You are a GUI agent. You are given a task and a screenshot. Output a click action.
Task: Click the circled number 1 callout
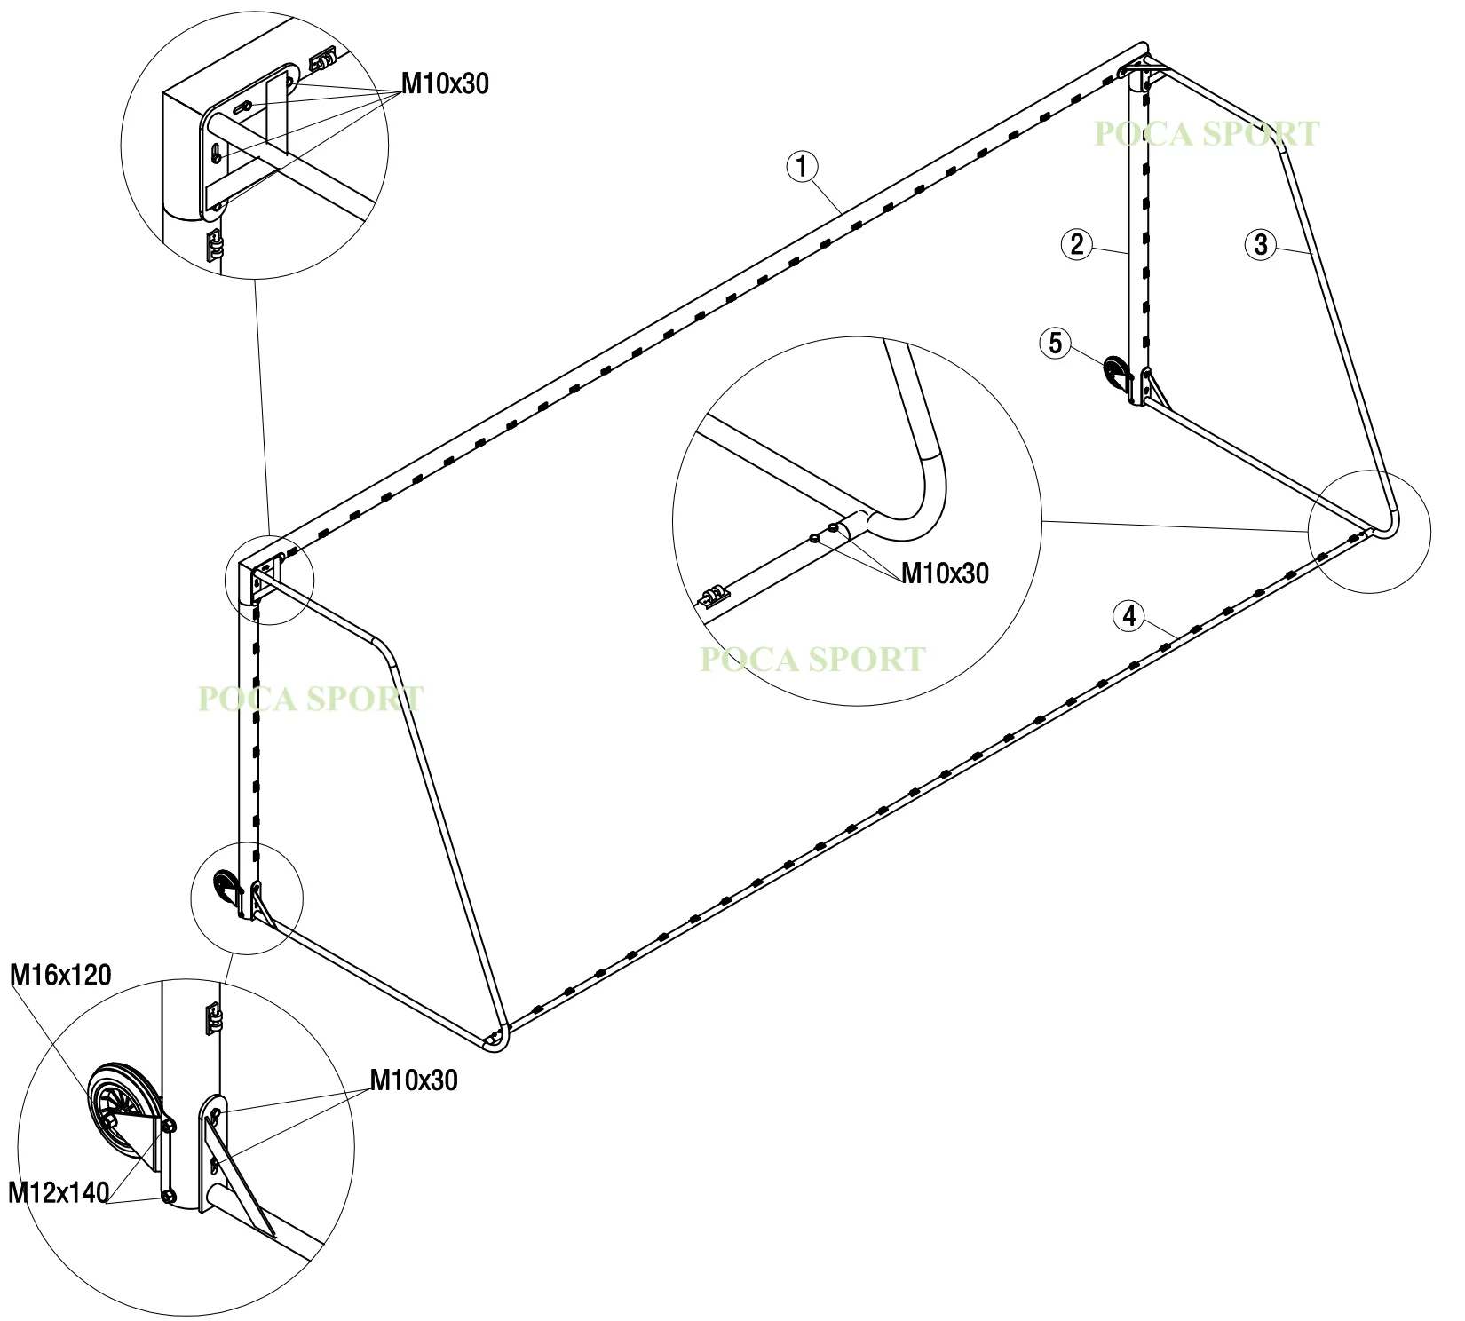[x=802, y=166]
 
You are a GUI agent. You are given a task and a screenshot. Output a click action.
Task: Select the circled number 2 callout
[x=1076, y=244]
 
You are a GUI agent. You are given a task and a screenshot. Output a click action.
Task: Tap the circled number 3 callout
[x=1261, y=244]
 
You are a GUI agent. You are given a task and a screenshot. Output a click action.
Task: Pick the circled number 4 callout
[x=1129, y=615]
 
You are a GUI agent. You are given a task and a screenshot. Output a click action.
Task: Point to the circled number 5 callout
[x=1055, y=343]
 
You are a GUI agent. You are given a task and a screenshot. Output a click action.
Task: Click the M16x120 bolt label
[x=60, y=975]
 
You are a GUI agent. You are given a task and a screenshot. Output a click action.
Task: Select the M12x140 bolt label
[x=59, y=1191]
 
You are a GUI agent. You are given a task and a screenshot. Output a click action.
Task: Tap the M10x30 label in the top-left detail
[x=445, y=83]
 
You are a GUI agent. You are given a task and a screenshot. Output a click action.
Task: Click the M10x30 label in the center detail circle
[x=945, y=573]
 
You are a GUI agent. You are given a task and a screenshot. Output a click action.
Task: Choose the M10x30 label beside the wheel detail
[x=414, y=1080]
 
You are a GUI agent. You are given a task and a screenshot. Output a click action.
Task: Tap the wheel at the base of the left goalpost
[x=226, y=888]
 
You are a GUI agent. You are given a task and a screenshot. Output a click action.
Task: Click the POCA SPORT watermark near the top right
[x=1207, y=134]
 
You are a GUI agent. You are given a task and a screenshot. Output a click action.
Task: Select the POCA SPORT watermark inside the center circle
[x=813, y=660]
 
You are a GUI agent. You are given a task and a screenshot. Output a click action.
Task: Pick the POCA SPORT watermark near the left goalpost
[x=311, y=699]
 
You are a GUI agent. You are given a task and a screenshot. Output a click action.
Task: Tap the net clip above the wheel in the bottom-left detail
[x=213, y=1017]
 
